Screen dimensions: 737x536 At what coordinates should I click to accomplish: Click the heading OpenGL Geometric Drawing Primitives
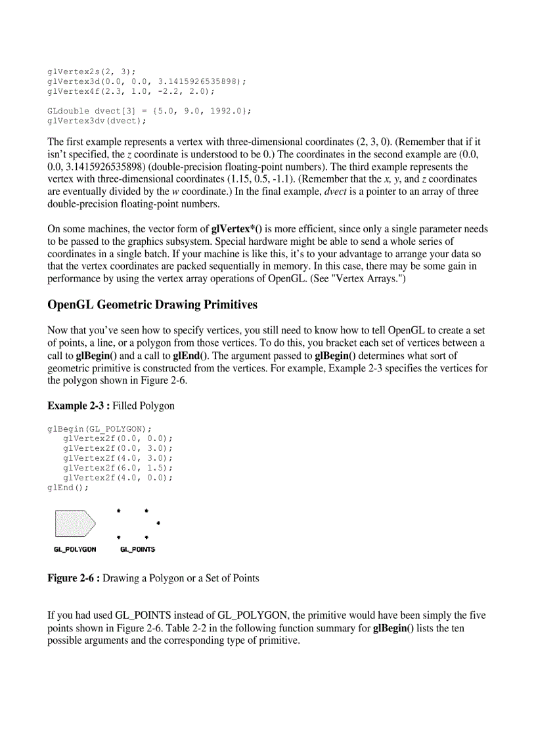(152, 305)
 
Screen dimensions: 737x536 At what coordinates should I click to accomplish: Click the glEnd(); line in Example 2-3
(68, 488)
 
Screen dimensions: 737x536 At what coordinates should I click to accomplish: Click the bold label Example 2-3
(78, 406)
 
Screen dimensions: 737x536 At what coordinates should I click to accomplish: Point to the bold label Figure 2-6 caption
(74, 578)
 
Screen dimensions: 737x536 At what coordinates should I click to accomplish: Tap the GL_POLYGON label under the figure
(75, 549)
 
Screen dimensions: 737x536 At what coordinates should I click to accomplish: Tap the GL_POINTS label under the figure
(137, 549)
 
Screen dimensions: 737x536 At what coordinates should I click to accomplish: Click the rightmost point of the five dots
(159, 523)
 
